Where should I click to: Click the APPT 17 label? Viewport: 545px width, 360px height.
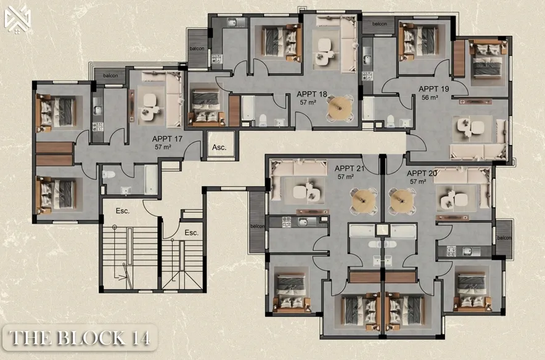pyautogui.click(x=167, y=139)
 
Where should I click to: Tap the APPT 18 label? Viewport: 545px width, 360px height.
pyautogui.click(x=312, y=94)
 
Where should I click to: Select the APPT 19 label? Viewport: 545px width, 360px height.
pyautogui.click(x=434, y=89)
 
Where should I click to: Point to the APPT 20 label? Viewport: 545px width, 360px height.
pyautogui.click(x=422, y=173)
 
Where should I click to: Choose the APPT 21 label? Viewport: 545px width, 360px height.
pyautogui.click(x=350, y=168)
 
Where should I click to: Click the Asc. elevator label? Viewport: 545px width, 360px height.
pyautogui.click(x=219, y=147)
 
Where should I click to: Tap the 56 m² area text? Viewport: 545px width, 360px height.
pyautogui.click(x=430, y=97)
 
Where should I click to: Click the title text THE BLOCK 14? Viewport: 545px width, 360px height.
pyautogui.click(x=80, y=338)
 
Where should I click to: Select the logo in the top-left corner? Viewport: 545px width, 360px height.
pyautogui.click(x=17, y=20)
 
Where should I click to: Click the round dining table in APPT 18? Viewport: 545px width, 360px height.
pyautogui.click(x=340, y=108)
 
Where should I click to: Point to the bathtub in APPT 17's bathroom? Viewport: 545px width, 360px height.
pyautogui.click(x=151, y=179)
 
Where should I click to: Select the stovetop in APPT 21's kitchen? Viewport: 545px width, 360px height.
pyautogui.click(x=286, y=223)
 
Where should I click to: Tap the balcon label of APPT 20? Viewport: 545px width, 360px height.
pyautogui.click(x=504, y=238)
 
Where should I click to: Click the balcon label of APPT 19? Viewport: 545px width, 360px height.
pyautogui.click(x=379, y=24)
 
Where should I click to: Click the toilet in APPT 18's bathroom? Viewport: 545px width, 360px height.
pyautogui.click(x=263, y=120)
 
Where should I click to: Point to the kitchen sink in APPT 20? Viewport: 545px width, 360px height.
pyautogui.click(x=468, y=251)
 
